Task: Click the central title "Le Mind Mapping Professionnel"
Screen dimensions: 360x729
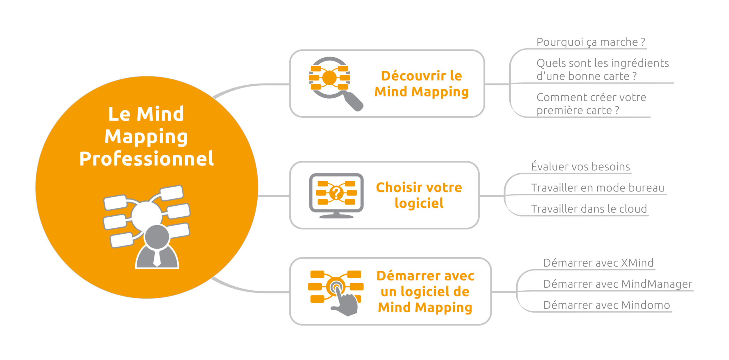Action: [x=146, y=136]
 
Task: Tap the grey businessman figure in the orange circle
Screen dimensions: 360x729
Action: [x=157, y=249]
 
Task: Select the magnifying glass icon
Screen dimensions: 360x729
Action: [x=335, y=84]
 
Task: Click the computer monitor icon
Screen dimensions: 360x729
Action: [x=336, y=195]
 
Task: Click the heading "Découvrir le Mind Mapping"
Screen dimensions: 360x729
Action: [x=421, y=84]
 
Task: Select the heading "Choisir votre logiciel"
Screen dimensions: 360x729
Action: [x=419, y=195]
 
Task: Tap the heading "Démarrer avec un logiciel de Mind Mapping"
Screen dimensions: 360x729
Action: [x=425, y=292]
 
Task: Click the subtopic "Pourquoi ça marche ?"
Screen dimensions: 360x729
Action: [x=591, y=42]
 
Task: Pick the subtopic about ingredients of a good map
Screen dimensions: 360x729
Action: [x=602, y=70]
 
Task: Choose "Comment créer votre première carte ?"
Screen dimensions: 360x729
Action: [x=591, y=104]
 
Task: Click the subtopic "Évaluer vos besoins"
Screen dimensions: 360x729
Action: [x=580, y=166]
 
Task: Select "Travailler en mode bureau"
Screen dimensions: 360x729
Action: [x=597, y=188]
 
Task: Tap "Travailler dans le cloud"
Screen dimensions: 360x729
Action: [x=589, y=209]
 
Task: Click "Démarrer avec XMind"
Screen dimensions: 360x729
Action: [x=598, y=263]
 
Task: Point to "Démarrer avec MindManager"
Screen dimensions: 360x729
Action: [x=618, y=284]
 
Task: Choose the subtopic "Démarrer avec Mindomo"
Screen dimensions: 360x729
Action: [x=606, y=305]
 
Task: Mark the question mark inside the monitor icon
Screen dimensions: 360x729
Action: [x=336, y=193]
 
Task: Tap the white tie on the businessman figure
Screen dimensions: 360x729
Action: [x=157, y=259]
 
